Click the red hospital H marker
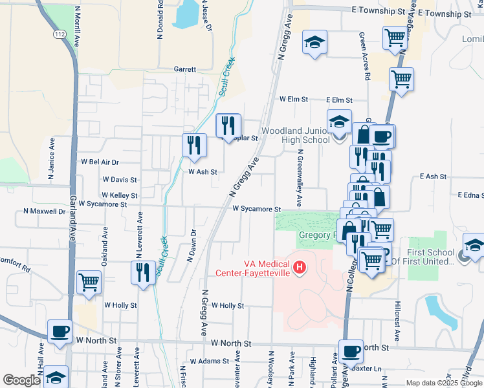pyautogui.click(x=299, y=266)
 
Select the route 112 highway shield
pyautogui.click(x=60, y=34)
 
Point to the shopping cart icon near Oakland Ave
pyautogui.click(x=89, y=282)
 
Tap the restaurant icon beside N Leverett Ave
pyautogui.click(x=142, y=272)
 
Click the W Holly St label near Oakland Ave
pyautogui.click(x=120, y=305)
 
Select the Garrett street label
pyautogui.click(x=184, y=69)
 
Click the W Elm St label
pyautogui.click(x=292, y=100)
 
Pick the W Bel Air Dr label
pyautogui.click(x=100, y=162)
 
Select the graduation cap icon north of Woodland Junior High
pyautogui.click(x=314, y=43)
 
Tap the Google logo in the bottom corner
pyautogui.click(x=21, y=380)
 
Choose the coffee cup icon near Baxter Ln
pyautogui.click(x=351, y=351)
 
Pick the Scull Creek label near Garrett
pyautogui.click(x=227, y=78)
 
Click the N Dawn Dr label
pyautogui.click(x=192, y=246)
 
